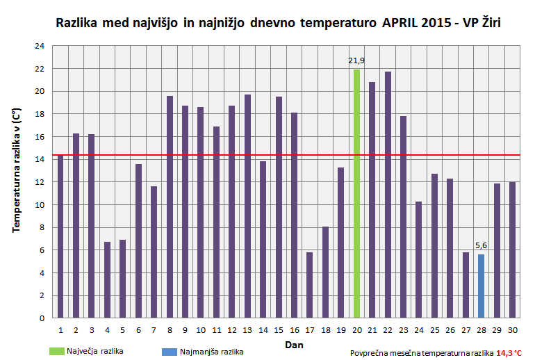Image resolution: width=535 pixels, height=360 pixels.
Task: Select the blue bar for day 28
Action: click(481, 286)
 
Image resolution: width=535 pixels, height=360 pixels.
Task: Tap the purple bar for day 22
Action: click(388, 195)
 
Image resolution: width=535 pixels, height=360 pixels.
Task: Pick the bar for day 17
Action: click(310, 285)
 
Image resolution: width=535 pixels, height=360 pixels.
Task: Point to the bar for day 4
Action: click(107, 279)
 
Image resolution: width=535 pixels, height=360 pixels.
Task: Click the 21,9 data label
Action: click(356, 61)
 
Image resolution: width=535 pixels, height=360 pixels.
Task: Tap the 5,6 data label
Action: click(481, 245)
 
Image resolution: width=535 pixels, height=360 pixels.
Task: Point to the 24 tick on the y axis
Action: click(39, 46)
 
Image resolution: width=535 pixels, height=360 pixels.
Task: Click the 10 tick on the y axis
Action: click(39, 204)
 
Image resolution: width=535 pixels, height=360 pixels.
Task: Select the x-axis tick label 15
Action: click(279, 329)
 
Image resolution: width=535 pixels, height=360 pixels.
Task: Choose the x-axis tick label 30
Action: click(512, 329)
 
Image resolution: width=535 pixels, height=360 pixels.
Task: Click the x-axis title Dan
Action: click(293, 344)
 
